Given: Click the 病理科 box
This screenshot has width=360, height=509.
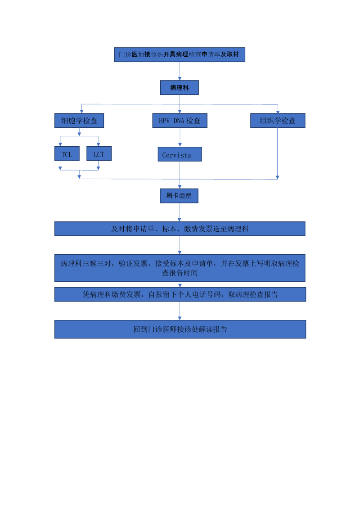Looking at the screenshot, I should (x=180, y=88).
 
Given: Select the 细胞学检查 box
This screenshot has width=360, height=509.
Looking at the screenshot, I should (x=79, y=121).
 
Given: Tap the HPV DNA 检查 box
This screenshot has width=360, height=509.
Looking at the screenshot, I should (x=180, y=121).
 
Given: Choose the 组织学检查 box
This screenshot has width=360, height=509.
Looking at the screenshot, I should (x=278, y=121).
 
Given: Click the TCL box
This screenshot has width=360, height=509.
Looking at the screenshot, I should (x=67, y=154).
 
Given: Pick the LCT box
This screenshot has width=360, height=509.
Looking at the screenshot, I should (x=99, y=154).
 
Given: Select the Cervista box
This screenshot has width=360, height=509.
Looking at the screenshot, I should (x=180, y=154).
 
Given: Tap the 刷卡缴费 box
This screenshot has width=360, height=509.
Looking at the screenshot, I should (x=179, y=196).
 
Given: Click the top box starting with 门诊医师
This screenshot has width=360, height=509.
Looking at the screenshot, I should (x=180, y=54).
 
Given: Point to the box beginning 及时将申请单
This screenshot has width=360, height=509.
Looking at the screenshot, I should (x=180, y=229).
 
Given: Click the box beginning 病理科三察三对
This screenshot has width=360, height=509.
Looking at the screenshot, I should (x=180, y=268).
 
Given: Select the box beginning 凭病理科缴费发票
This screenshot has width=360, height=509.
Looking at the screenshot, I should (x=180, y=294).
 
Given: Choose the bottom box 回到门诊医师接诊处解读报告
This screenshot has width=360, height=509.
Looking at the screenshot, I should (x=180, y=329).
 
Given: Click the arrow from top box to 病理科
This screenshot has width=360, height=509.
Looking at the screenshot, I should (x=180, y=71).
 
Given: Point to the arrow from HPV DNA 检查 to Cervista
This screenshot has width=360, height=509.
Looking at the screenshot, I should (x=180, y=137).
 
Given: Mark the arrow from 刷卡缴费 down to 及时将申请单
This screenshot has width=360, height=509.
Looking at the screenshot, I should (x=180, y=212).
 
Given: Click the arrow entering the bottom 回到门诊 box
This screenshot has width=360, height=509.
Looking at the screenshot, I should (x=180, y=311).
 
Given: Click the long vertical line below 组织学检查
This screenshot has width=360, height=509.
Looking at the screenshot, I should (x=277, y=153).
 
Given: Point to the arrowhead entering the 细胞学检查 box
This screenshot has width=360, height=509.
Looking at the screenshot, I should (x=81, y=111).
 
